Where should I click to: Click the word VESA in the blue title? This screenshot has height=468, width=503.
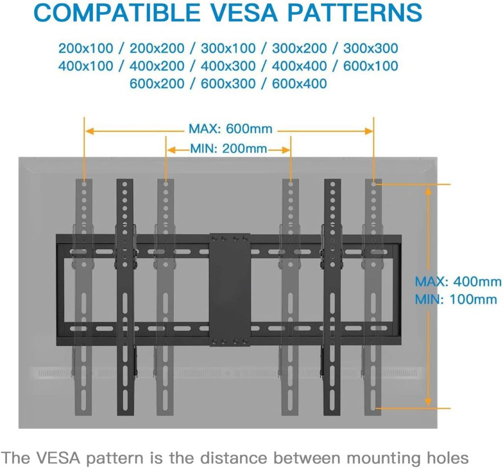pyautogui.click(x=244, y=12)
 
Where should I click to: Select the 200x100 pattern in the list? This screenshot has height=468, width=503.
pyautogui.click(x=85, y=49)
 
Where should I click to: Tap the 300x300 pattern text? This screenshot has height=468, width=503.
pyautogui.click(x=370, y=49)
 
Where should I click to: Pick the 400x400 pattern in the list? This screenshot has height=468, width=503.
pyautogui.click(x=299, y=66)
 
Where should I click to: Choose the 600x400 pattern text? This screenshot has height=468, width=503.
pyautogui.click(x=299, y=83)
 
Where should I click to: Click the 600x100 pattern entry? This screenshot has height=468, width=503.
pyautogui.click(x=370, y=66)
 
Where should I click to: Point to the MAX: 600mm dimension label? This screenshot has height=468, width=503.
pyautogui.click(x=230, y=129)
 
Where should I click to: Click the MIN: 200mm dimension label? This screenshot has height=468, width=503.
pyautogui.click(x=228, y=149)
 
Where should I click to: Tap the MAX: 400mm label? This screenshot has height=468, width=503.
pyautogui.click(x=458, y=281)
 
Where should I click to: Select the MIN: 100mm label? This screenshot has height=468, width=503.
pyautogui.click(x=456, y=300)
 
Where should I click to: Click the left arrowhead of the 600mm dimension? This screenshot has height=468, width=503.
pyautogui.click(x=89, y=131)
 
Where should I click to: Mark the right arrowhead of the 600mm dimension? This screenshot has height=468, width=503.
pyautogui.click(x=369, y=131)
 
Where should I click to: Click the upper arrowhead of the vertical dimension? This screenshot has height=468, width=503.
pyautogui.click(x=428, y=191)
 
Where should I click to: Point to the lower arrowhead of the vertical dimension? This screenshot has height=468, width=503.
pyautogui.click(x=428, y=402)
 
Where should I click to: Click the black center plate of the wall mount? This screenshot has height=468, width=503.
pyautogui.click(x=230, y=290)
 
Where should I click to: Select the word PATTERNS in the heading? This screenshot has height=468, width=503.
pyautogui.click(x=355, y=12)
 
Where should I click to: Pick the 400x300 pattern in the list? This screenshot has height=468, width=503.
pyautogui.click(x=228, y=66)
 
